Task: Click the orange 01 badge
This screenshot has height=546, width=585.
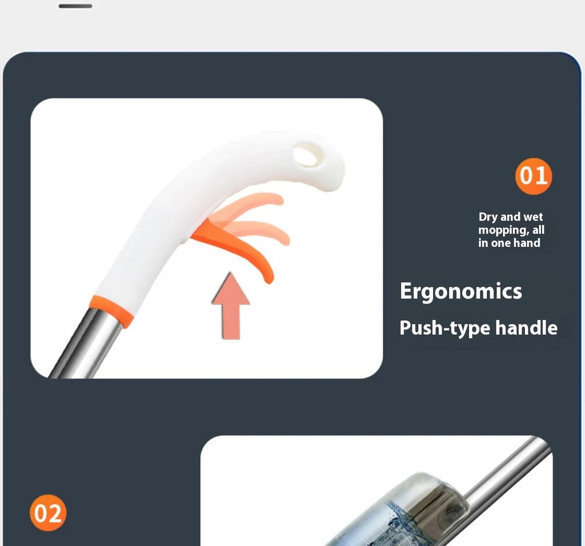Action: coord(534,176)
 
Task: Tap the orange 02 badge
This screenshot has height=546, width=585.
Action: coord(48,513)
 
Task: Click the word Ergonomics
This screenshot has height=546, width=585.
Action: coord(460,291)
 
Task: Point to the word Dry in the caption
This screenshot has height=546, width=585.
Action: coord(488,217)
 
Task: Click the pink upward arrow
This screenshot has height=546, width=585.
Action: coord(230,306)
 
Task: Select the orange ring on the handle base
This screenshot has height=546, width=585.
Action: coord(111,311)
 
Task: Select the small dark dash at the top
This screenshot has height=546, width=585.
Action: coord(75,6)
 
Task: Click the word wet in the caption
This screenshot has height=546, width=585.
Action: coord(532,217)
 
